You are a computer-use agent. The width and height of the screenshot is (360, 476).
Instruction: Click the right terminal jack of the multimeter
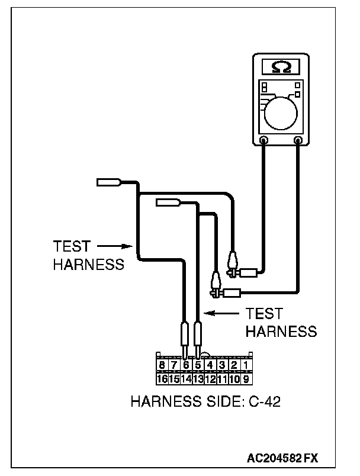point(298,141)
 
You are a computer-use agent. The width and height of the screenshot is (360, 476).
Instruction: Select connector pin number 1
point(245,365)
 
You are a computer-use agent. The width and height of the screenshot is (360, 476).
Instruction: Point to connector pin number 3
point(221,365)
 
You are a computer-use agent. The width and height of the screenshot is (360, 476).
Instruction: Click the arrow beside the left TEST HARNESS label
point(112,245)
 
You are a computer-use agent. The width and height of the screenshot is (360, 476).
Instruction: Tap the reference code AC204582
point(275,458)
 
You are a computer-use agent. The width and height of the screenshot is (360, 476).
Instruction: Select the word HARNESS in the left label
point(89,264)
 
